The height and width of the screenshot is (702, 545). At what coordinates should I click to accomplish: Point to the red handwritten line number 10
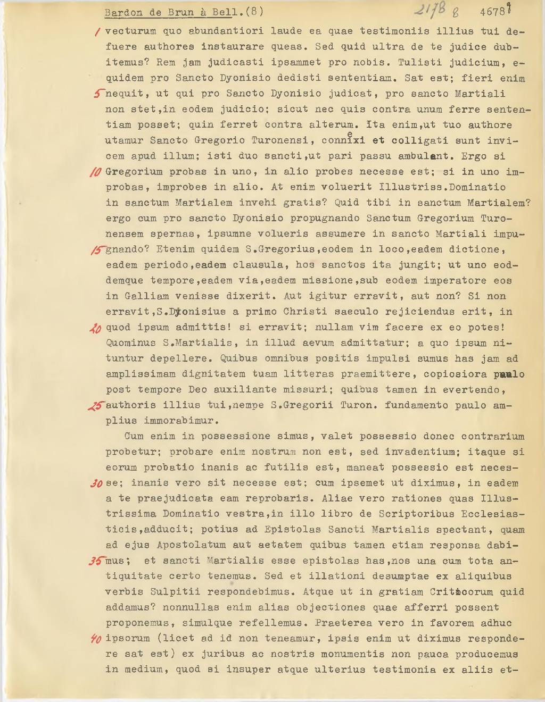pos(96,172)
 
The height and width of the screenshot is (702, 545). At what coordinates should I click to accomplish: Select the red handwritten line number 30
pos(96,484)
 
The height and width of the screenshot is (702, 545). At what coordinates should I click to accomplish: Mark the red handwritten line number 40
pos(96,639)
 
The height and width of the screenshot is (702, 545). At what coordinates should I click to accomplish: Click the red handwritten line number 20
pos(96,328)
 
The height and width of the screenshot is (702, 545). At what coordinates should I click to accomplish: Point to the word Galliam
pos(147,296)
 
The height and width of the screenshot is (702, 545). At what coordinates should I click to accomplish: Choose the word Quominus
pos(131,343)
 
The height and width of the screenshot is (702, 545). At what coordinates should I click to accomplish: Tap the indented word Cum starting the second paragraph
pos(134,436)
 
